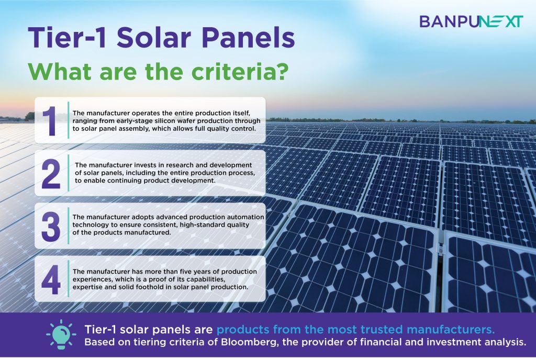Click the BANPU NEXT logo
pyautogui.click(x=471, y=21)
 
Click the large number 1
pyautogui.click(x=50, y=121)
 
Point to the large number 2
pyautogui.click(x=51, y=174)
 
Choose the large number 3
pyautogui.click(x=51, y=227)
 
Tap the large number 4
pyautogui.click(x=51, y=279)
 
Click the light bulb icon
pyautogui.click(x=61, y=334)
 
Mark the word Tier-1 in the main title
pyautogui.click(x=67, y=37)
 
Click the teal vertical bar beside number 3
pyautogui.click(x=69, y=226)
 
